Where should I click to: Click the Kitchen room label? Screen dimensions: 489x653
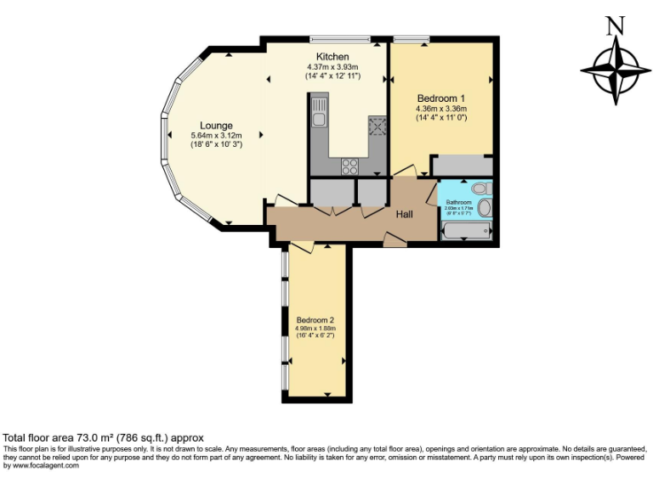pos(333,56)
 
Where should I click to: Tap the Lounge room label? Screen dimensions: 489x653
pos(216,126)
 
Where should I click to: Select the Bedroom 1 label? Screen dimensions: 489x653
pos(440,98)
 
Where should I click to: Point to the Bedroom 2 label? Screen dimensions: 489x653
pos(315,319)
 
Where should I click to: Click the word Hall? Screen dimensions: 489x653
pos(405,215)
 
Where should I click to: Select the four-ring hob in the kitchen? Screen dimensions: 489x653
pos(349,166)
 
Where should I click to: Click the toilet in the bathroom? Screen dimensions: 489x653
pos(480,188)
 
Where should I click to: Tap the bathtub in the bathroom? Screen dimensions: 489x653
pos(465,230)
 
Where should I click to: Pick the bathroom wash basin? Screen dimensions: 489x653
pos(485,208)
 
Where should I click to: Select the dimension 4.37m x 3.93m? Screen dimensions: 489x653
pos(333,66)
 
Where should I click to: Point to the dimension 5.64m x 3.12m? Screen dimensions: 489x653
pos(216,135)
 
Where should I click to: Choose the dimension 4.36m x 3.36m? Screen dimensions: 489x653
pos(440,109)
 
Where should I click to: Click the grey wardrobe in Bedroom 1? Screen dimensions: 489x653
pos(463,165)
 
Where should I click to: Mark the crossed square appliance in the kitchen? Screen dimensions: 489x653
pos(377,126)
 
